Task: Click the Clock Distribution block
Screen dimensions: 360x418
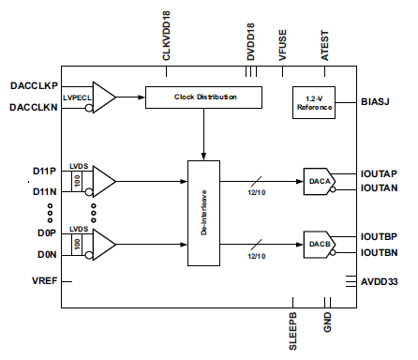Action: (203, 97)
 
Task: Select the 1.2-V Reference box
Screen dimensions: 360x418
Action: (314, 102)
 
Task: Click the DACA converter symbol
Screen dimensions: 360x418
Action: (317, 180)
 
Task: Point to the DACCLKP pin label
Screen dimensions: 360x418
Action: (33, 85)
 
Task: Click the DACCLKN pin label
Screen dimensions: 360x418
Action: (33, 108)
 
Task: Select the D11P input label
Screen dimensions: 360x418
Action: (44, 172)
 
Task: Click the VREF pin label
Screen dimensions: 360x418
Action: (44, 280)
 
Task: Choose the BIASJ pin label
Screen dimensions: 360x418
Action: (377, 101)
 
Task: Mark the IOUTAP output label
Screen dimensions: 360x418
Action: (381, 173)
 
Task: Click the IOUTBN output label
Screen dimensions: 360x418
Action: (381, 253)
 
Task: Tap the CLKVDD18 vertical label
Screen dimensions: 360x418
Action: (166, 37)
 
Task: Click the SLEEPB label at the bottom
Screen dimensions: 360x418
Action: (292, 332)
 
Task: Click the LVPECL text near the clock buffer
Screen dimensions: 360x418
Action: (77, 97)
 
